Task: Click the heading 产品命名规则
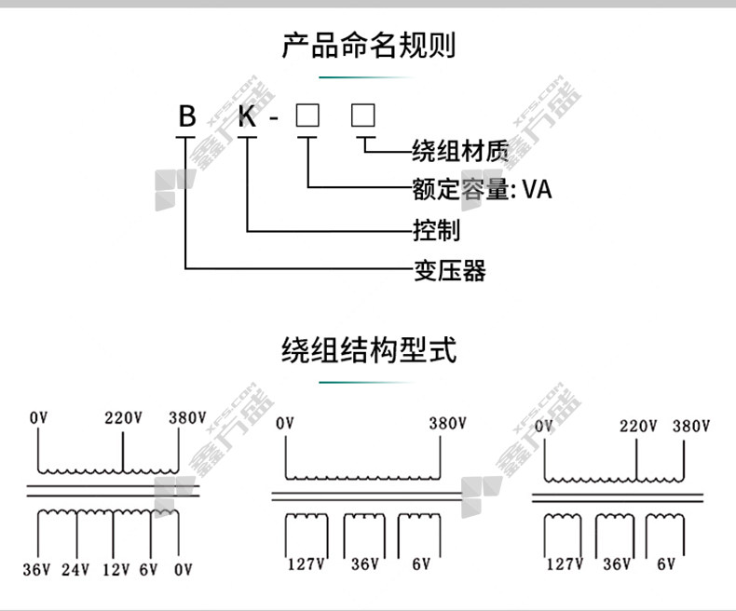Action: coord(368,45)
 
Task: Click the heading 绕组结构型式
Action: coord(368,350)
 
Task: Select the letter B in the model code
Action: coord(188,117)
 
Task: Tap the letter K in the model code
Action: coord(247,117)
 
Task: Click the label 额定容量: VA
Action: coord(482,189)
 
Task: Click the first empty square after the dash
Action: coord(307,116)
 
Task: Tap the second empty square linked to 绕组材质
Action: coord(363,116)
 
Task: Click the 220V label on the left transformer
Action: coord(123,418)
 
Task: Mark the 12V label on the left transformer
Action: coord(116,570)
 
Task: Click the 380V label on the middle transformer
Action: coord(447,423)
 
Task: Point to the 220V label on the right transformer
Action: coord(638,427)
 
